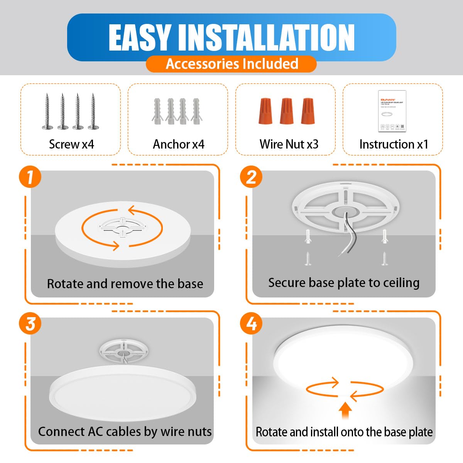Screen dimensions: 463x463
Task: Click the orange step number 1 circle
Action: (x=30, y=177)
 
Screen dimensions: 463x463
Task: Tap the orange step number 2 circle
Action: (x=251, y=177)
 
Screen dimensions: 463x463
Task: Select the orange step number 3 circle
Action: (x=30, y=324)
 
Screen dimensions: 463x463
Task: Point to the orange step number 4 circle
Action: (x=251, y=323)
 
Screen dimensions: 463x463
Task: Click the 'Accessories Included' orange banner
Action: (x=231, y=64)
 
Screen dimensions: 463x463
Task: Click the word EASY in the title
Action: (x=139, y=37)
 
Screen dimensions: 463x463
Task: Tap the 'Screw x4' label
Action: (x=71, y=144)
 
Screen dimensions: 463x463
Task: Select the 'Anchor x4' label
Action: (x=178, y=144)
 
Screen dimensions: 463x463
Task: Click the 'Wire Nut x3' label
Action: (x=289, y=144)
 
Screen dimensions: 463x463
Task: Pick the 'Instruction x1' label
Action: (x=394, y=144)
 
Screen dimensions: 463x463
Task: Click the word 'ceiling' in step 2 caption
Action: (x=401, y=283)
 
